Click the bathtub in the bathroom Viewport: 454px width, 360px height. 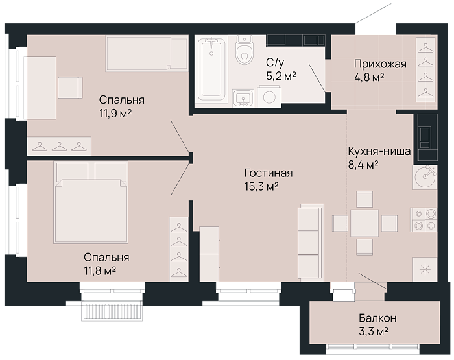coord(211,69)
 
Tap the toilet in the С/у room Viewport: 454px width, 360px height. coord(245,49)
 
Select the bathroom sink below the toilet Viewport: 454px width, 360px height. coord(243,98)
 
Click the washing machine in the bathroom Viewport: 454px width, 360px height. coord(269,97)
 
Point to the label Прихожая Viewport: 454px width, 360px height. coord(380,64)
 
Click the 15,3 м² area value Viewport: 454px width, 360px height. coord(261,187)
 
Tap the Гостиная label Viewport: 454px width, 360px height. coord(269,173)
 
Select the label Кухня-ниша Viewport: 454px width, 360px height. coord(379,151)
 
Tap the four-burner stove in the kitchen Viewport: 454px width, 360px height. coord(424,219)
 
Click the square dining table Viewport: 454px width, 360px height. coord(364,223)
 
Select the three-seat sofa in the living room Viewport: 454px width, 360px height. coord(311,242)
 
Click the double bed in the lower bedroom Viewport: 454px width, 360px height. coord(91,202)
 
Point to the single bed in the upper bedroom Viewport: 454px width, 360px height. coord(147,53)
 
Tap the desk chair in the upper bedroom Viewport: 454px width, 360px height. coord(70,88)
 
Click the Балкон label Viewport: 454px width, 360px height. coord(378,318)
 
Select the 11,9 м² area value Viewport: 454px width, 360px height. coord(115,114)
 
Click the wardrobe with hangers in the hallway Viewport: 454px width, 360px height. coord(425,69)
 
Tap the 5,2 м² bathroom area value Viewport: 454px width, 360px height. coord(281,76)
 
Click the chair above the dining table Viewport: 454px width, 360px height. coord(364,199)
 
